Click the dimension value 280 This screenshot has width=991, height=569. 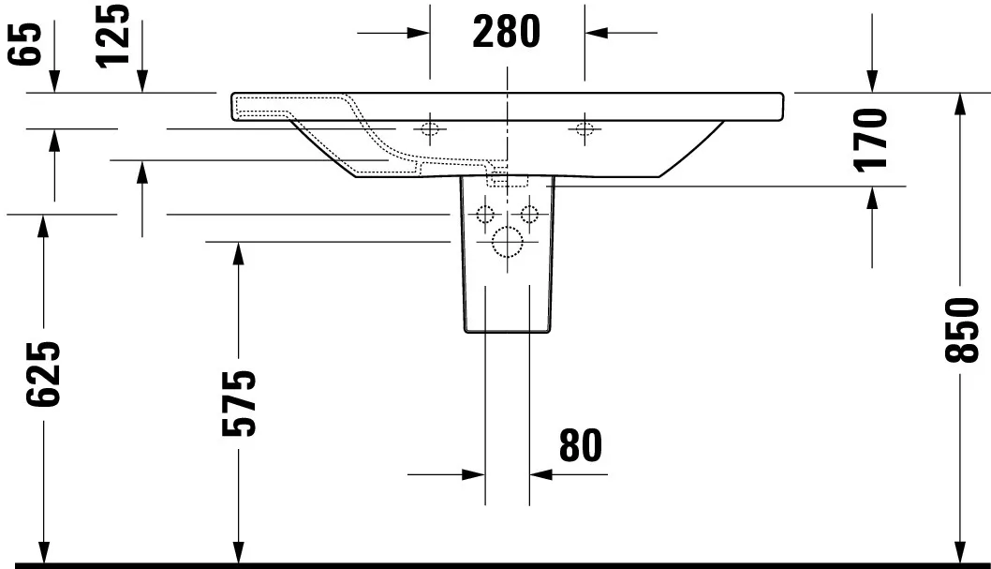click(x=507, y=33)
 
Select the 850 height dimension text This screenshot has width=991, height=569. click(x=962, y=330)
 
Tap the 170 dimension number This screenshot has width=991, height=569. click(x=871, y=139)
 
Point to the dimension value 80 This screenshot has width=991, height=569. click(x=580, y=446)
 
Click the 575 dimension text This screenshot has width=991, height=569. click(x=239, y=403)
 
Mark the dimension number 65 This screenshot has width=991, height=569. click(x=29, y=43)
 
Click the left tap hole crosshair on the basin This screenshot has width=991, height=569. click(x=430, y=127)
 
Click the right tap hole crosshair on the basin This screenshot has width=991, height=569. click(x=585, y=127)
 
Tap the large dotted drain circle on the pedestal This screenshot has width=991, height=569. click(x=507, y=243)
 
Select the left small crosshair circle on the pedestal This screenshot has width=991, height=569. click(x=485, y=212)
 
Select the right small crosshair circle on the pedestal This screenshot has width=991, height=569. click(x=529, y=212)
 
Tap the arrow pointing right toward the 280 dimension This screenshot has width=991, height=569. click(x=421, y=33)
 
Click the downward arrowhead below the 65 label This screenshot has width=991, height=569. click(x=54, y=84)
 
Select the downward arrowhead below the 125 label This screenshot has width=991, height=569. click(x=142, y=84)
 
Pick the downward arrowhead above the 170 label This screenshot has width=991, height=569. click(x=872, y=84)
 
